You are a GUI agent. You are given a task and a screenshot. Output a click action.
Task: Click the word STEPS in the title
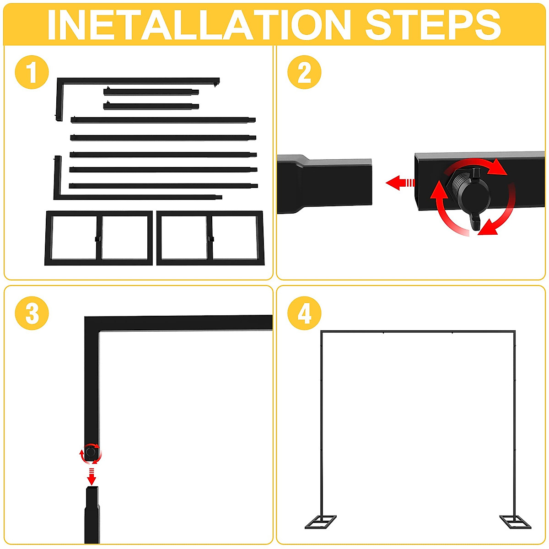tap(432, 25)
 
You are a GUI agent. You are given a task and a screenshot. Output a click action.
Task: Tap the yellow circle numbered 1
tap(32, 72)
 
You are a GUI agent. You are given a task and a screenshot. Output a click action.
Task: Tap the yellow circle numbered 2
tap(304, 72)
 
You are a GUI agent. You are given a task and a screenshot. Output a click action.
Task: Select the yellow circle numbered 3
tap(32, 313)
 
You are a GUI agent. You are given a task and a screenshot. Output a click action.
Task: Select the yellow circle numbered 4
tap(304, 313)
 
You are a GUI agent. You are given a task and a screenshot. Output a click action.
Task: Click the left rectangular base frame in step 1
tap(98, 238)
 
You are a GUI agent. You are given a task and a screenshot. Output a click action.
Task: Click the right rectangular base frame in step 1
tap(210, 238)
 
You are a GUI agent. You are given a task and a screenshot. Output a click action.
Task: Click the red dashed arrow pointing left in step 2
tap(400, 183)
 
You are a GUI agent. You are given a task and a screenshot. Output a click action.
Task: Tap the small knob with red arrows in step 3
tap(91, 453)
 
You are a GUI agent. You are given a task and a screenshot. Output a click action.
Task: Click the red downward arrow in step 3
tap(91, 478)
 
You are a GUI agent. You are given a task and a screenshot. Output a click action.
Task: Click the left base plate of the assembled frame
tap(321, 522)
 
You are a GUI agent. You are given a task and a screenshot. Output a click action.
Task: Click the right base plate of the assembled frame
tap(515, 522)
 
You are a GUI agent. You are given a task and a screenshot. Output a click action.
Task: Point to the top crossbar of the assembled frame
tap(417, 331)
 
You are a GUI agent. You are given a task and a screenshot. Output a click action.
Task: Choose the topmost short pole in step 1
tap(151, 92)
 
